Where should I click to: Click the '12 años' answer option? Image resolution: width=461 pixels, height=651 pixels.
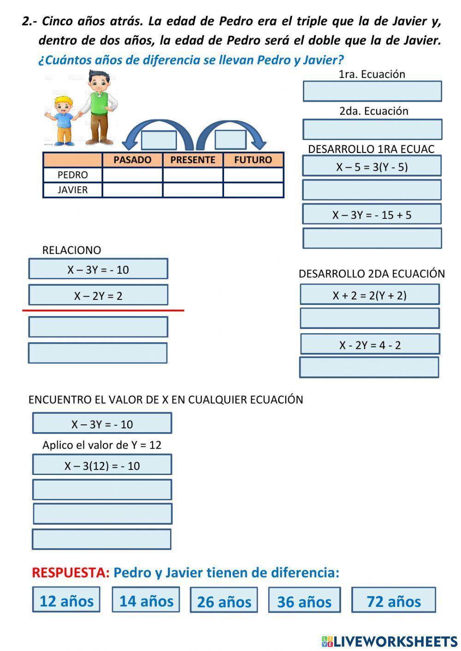pyautogui.click(x=66, y=600)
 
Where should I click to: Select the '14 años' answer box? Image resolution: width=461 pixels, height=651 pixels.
pyautogui.click(x=146, y=600)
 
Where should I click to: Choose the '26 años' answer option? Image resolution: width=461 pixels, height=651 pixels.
pyautogui.click(x=224, y=601)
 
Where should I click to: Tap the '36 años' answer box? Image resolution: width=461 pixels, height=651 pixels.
pyautogui.click(x=304, y=601)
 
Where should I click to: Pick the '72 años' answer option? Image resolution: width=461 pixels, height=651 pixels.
pyautogui.click(x=393, y=600)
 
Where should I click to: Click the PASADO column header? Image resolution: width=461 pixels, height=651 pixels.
pyautogui.click(x=132, y=160)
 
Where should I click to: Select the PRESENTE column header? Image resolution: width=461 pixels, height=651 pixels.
pyautogui.click(x=193, y=160)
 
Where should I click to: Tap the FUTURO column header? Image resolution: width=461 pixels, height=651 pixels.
pyautogui.click(x=253, y=160)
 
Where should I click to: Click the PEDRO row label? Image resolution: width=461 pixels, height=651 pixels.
pyautogui.click(x=72, y=175)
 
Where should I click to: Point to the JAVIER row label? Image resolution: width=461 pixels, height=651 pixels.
pyautogui.click(x=72, y=190)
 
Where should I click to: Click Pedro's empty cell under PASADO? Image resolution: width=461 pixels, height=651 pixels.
pyautogui.click(x=132, y=175)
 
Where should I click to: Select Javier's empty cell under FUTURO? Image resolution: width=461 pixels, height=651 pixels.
pyautogui.click(x=253, y=190)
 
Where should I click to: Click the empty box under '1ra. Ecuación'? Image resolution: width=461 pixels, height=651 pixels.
pyautogui.click(x=372, y=91)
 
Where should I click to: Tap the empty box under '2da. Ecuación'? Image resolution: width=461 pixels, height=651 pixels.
pyautogui.click(x=372, y=129)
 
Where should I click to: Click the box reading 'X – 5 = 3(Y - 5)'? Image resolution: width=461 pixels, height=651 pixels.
pyautogui.click(x=372, y=166)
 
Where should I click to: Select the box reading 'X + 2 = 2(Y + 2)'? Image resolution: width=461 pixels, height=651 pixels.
pyautogui.click(x=369, y=295)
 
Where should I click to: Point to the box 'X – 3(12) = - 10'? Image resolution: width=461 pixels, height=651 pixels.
pyautogui.click(x=102, y=465)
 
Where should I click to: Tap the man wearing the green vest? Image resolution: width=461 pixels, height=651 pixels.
pyautogui.click(x=100, y=107)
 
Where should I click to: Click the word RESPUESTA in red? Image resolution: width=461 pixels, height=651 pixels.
pyautogui.click(x=71, y=573)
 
